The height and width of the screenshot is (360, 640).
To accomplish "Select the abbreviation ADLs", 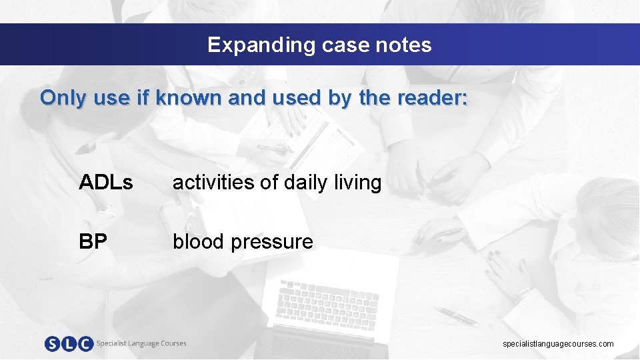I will [x=105, y=182].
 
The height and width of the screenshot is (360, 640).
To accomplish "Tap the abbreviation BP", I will [x=93, y=241].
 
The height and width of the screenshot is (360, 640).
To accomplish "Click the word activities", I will [x=213, y=182].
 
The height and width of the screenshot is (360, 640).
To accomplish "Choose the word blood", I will [x=199, y=241].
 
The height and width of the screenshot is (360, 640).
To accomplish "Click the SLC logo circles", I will [x=69, y=344].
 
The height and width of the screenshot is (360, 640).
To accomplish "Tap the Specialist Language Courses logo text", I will [x=141, y=343].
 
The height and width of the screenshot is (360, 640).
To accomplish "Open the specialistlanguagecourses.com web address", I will [x=558, y=344].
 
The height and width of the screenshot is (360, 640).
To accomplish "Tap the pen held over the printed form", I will [x=273, y=149].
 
